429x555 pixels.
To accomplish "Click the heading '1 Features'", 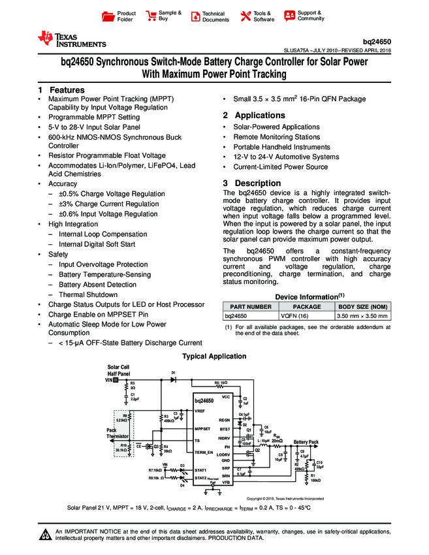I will coord(61,90).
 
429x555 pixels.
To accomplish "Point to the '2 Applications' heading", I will coord(254,116).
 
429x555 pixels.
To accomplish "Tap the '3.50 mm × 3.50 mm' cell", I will coord(362,316).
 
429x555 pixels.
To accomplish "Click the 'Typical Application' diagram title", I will coord(214,357).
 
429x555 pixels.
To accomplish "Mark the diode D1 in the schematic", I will coord(173,379).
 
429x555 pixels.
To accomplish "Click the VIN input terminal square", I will coord(116,379).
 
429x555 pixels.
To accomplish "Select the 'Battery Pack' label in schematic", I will coord(306,442).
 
